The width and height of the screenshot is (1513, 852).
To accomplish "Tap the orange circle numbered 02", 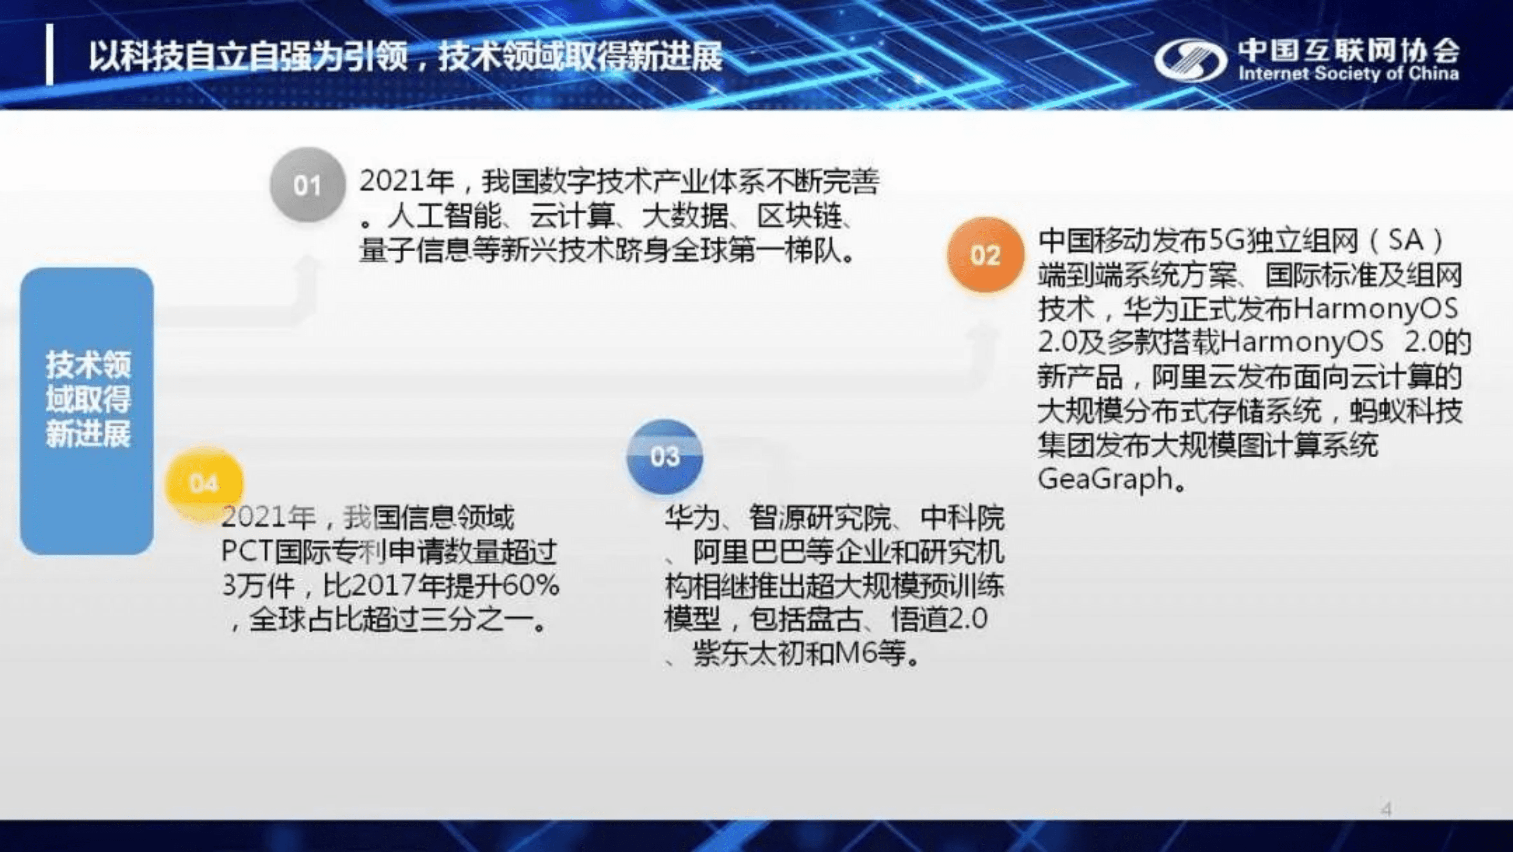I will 985,255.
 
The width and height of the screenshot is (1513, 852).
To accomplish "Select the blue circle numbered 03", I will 664,456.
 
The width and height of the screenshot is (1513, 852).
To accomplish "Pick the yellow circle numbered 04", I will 204,483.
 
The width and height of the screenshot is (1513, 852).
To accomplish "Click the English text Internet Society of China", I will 1349,74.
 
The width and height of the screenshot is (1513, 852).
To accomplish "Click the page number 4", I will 1387,809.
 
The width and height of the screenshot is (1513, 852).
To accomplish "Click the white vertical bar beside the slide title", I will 50,55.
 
